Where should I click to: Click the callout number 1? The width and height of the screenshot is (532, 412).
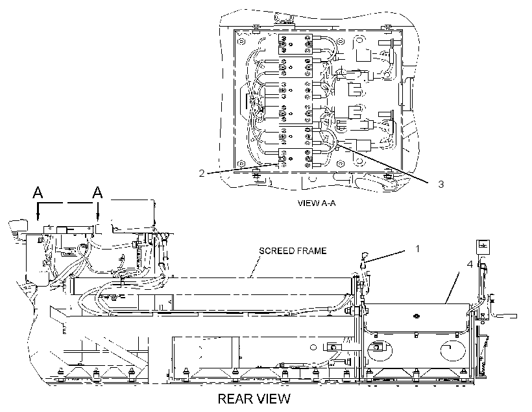tap(418, 249)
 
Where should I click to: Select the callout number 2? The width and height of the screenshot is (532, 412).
tap(202, 174)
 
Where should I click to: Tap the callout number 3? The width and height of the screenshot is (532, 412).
tap(441, 185)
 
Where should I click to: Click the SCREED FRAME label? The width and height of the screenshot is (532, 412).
tap(293, 251)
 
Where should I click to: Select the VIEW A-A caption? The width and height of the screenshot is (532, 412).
tap(317, 203)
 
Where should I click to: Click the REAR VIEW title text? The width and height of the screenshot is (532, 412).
tap(254, 399)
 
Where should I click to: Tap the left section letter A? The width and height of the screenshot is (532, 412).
tap(38, 192)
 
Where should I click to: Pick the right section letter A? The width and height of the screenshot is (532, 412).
tap(97, 192)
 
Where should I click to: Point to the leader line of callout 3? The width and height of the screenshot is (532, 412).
tap(383, 164)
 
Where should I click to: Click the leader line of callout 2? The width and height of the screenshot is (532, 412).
tap(243, 168)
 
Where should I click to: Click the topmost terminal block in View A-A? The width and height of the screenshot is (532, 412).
tap(295, 44)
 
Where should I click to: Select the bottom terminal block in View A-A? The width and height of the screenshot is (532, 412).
tap(295, 159)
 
